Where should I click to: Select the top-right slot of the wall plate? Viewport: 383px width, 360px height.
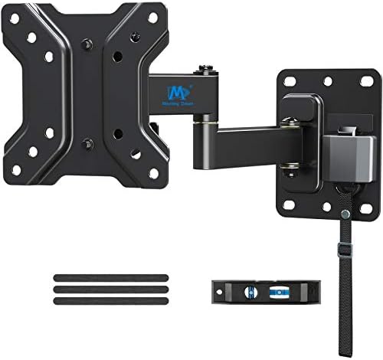355,80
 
